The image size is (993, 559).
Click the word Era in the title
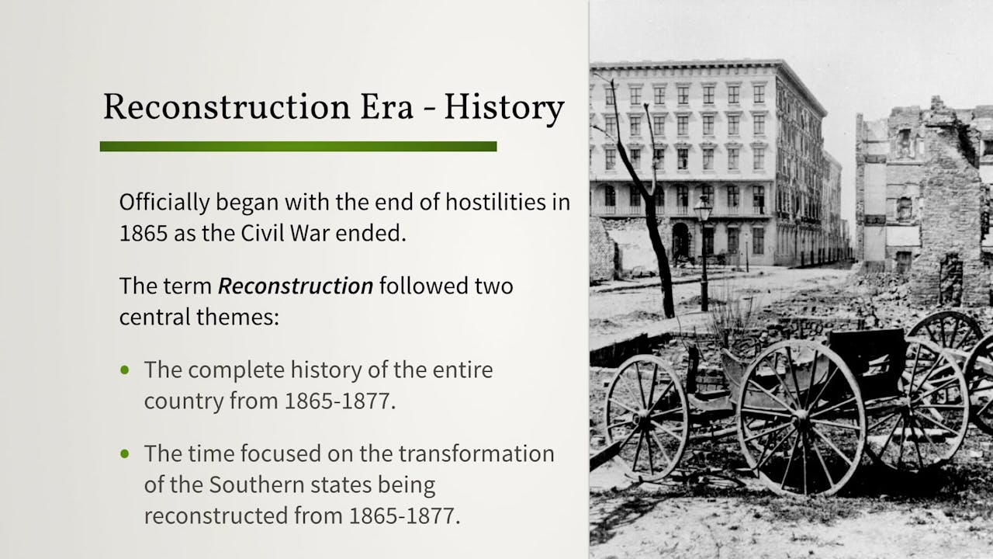(x=389, y=108)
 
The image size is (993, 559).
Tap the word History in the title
(x=503, y=108)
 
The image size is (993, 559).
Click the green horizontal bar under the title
(x=298, y=146)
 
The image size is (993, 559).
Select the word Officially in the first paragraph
(x=163, y=203)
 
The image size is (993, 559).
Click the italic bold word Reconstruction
(x=296, y=286)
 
